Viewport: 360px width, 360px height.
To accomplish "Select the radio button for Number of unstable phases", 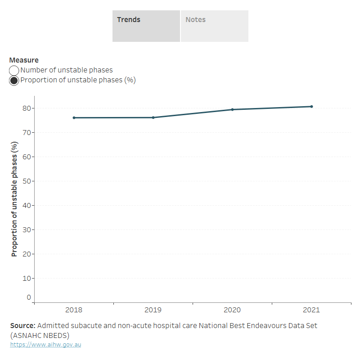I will pyautogui.click(x=14, y=70).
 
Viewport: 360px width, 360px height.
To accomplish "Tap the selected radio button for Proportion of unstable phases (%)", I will pyautogui.click(x=14, y=81).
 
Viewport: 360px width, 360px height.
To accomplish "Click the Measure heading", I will pyautogui.click(x=24, y=60).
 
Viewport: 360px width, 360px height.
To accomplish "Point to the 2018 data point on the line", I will pyautogui.click(x=74, y=118).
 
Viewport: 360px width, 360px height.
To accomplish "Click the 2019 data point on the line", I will pyautogui.click(x=153, y=117).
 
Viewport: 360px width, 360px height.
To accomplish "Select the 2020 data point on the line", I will pyautogui.click(x=232, y=109).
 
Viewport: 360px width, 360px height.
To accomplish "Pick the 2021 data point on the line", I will pyautogui.click(x=311, y=107).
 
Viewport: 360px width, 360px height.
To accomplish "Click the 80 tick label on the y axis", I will pyautogui.click(x=27, y=108).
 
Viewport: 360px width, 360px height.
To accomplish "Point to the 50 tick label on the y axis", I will pyautogui.click(x=27, y=181).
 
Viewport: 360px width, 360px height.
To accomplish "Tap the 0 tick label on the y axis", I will pyautogui.click(x=29, y=297).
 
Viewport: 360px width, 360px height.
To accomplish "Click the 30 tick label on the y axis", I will pyautogui.click(x=27, y=229).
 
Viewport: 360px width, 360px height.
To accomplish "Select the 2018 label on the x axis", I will pyautogui.click(x=74, y=310).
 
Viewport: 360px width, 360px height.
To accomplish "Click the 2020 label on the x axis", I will pyautogui.click(x=232, y=310).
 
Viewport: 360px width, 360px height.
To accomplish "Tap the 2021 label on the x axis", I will pyautogui.click(x=311, y=310).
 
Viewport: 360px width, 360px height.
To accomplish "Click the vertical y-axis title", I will pyautogui.click(x=14, y=199).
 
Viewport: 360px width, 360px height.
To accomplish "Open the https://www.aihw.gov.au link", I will pyautogui.click(x=45, y=345).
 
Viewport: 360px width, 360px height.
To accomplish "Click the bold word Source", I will pyautogui.click(x=22, y=325).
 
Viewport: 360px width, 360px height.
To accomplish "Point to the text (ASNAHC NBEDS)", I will pyautogui.click(x=40, y=335).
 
